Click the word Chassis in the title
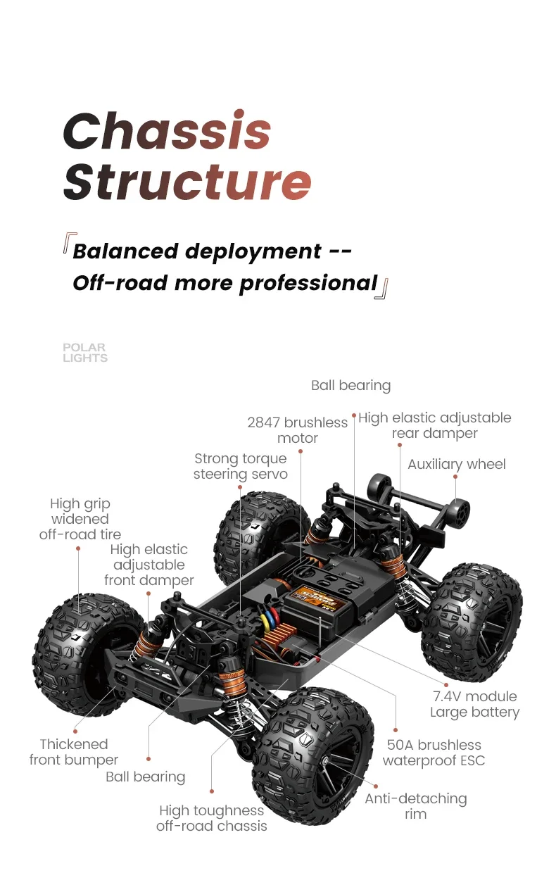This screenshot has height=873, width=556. [167, 131]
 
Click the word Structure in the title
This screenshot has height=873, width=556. [187, 181]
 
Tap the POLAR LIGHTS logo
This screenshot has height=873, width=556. [84, 353]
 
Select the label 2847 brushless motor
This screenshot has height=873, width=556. [297, 430]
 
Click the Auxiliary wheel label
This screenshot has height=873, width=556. [456, 464]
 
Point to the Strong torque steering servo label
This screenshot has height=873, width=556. [240, 466]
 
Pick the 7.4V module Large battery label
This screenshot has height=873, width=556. [474, 704]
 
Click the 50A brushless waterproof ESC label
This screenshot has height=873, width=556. [434, 753]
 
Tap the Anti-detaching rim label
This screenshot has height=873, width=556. [415, 806]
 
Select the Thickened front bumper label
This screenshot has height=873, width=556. [74, 752]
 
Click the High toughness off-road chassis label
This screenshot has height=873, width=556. [211, 818]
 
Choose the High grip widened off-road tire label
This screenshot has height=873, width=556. [80, 519]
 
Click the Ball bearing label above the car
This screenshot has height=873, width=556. [350, 385]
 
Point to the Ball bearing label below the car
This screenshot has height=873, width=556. [145, 777]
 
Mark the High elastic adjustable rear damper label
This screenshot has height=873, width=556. [434, 425]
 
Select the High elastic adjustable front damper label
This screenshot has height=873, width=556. [149, 565]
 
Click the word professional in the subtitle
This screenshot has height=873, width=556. [308, 283]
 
